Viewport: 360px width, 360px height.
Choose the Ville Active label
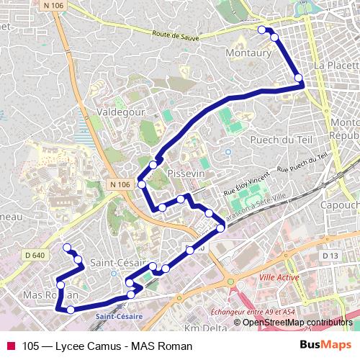tap(279, 276)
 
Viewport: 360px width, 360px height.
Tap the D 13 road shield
tap(330, 256)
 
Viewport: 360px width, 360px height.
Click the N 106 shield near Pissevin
tap(121, 185)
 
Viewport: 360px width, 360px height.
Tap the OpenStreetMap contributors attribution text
tap(297, 322)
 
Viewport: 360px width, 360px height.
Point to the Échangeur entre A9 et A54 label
tap(253, 312)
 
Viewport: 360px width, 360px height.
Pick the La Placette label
tap(337, 65)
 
